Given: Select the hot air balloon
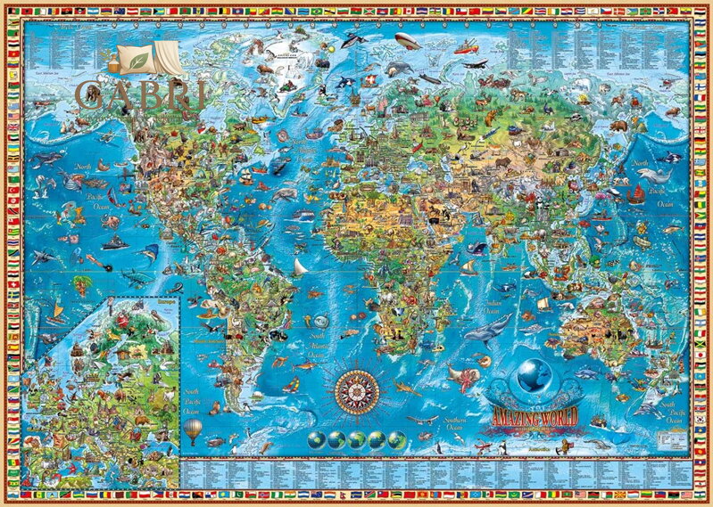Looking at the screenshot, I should (x=192, y=430).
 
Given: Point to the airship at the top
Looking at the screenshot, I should (x=409, y=41).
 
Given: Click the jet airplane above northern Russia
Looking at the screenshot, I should (x=474, y=63).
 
